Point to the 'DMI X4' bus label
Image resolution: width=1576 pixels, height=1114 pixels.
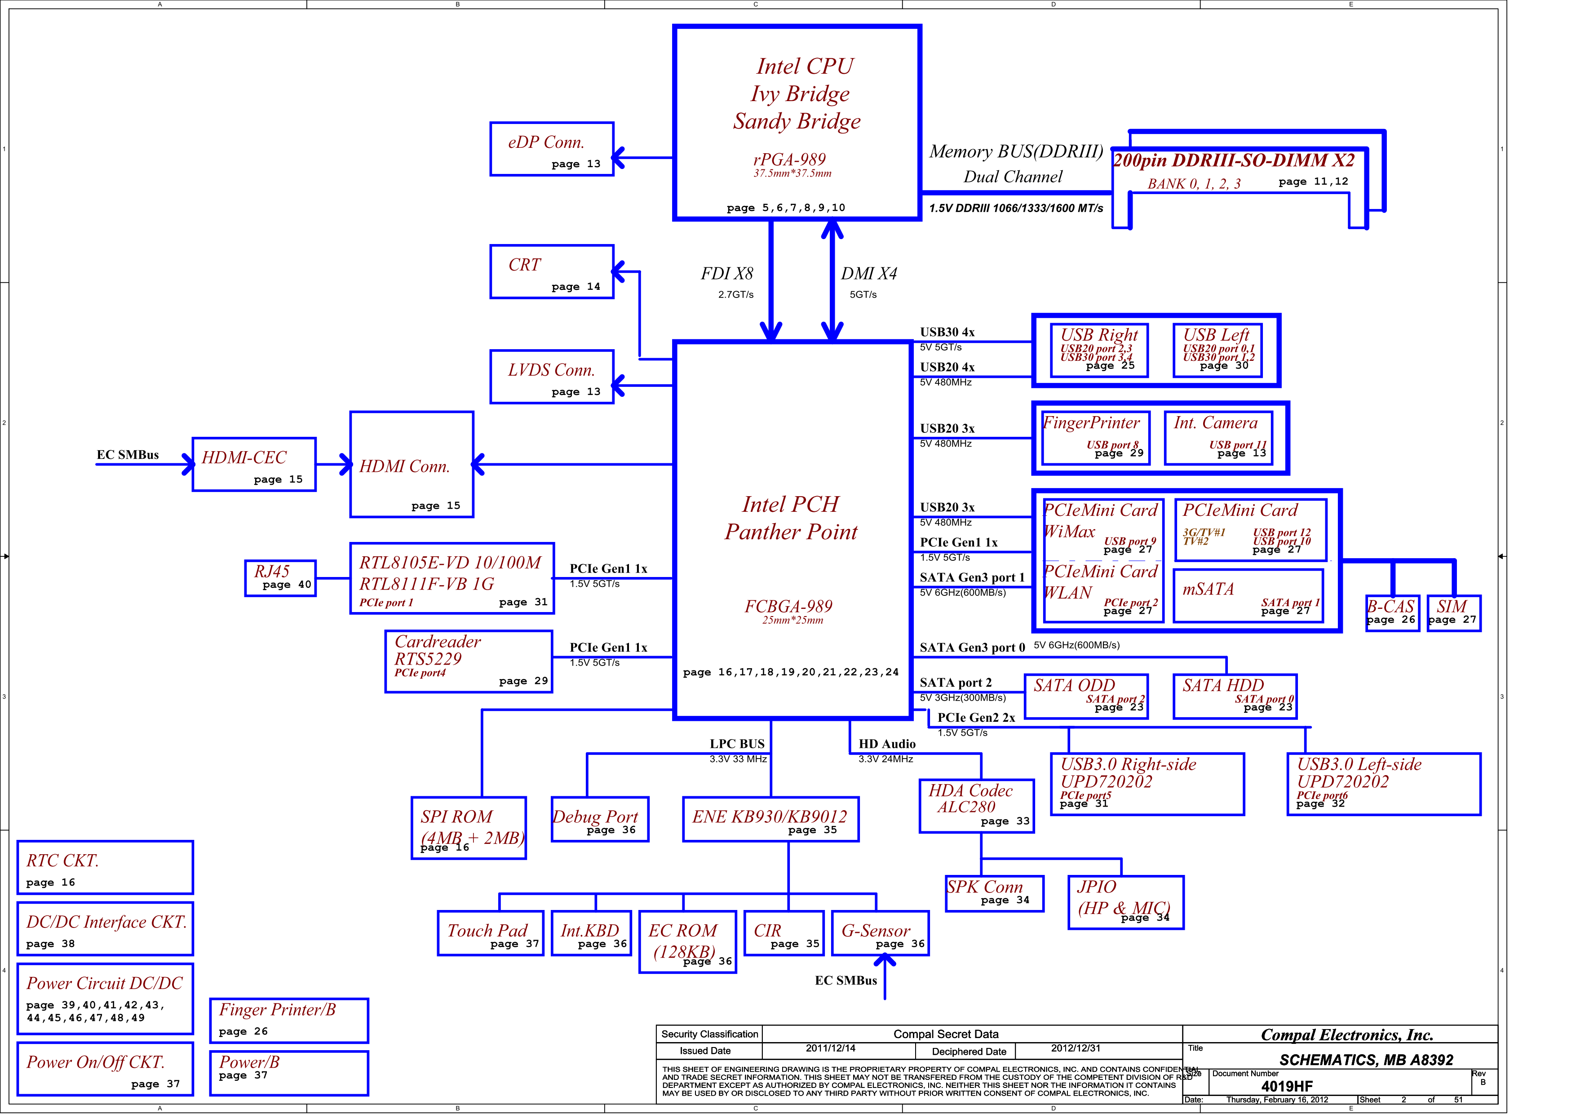pyautogui.click(x=869, y=274)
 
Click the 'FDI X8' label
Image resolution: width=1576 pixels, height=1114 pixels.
pyautogui.click(x=727, y=274)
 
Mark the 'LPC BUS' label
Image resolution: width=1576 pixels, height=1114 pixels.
pyautogui.click(x=737, y=744)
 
